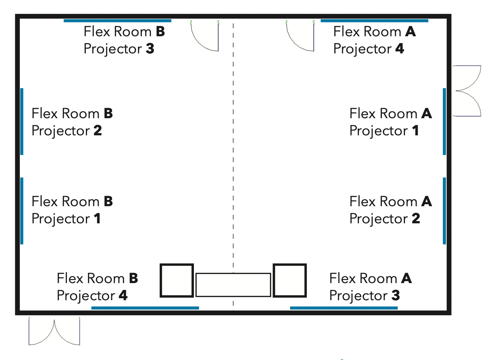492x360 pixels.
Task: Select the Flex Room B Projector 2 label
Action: (x=72, y=122)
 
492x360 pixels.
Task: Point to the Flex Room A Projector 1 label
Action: (x=391, y=122)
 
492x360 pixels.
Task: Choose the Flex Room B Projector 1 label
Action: (x=72, y=210)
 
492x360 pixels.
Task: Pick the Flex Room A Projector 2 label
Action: (x=391, y=210)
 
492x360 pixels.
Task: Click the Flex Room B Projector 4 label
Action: (x=97, y=287)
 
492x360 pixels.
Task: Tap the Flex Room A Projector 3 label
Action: (x=371, y=287)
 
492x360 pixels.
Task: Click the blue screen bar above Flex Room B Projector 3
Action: (x=118, y=21)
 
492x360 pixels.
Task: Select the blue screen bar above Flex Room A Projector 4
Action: (x=374, y=21)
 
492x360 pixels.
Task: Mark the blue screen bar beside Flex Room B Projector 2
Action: (x=22, y=122)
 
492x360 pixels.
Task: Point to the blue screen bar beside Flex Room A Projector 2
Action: (x=444, y=211)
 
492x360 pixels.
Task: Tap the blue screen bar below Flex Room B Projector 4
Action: (x=145, y=308)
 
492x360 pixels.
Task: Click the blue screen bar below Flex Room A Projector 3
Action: (x=344, y=308)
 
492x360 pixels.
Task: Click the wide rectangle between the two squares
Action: (x=233, y=274)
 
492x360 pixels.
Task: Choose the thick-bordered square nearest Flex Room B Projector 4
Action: (x=177, y=265)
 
